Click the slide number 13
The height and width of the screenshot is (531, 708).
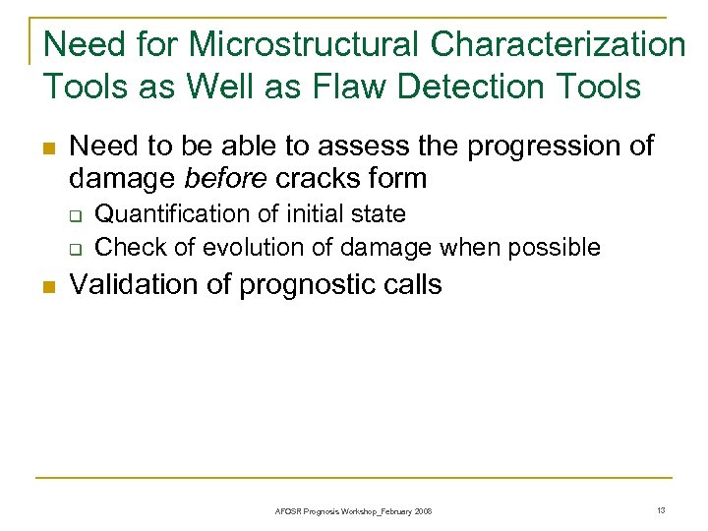coord(661,509)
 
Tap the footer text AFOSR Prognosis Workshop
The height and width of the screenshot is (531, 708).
coord(353,511)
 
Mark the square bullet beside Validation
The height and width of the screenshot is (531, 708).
coord(45,287)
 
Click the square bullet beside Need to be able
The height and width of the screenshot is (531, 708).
coord(45,148)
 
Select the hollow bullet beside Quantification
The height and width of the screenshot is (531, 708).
coord(75,215)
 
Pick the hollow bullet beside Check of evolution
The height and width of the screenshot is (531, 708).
coord(75,247)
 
